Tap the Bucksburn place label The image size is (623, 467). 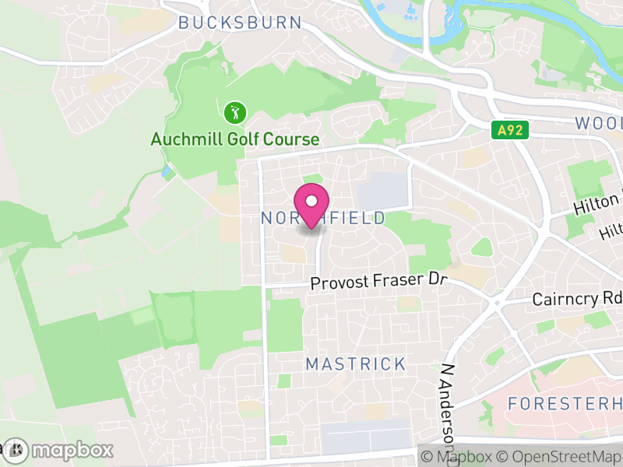point(239,23)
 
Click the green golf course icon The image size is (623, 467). point(234,113)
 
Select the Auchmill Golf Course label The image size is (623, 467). point(235,139)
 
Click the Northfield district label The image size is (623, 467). point(322,218)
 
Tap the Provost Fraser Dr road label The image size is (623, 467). point(381,282)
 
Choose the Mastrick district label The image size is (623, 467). point(356,363)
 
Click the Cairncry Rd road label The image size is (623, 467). point(577,299)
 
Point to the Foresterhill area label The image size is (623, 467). point(565,403)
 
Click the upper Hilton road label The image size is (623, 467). point(598,205)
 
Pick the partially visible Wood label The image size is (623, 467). point(599,123)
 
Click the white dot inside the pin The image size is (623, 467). point(311,200)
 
